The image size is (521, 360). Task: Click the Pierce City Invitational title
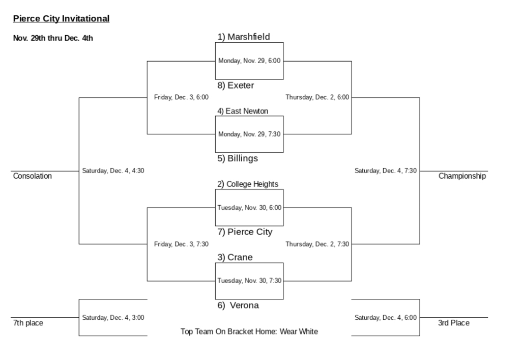pyautogui.click(x=61, y=19)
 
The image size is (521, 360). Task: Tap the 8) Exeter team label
pyautogui.click(x=236, y=86)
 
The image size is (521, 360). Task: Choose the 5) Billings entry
pyautogui.click(x=238, y=158)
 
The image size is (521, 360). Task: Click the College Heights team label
pyautogui.click(x=248, y=184)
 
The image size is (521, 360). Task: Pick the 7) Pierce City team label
pyautogui.click(x=245, y=232)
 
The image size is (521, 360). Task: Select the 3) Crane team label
pyautogui.click(x=235, y=257)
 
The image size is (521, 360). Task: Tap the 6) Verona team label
pyautogui.click(x=238, y=305)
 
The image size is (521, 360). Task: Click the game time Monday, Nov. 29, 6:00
pyautogui.click(x=249, y=61)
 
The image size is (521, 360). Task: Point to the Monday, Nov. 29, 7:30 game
pyautogui.click(x=249, y=134)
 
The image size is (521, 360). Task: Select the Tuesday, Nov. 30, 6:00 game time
pyautogui.click(x=249, y=208)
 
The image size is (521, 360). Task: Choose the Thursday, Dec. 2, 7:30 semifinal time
pyautogui.click(x=317, y=244)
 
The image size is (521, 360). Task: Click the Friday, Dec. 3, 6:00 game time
pyautogui.click(x=181, y=97)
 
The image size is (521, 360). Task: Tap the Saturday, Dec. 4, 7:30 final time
pyautogui.click(x=386, y=171)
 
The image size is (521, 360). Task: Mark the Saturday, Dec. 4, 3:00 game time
pyautogui.click(x=113, y=318)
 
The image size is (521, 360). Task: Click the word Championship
pyautogui.click(x=462, y=176)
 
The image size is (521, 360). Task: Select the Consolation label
pyautogui.click(x=32, y=176)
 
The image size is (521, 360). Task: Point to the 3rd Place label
pyautogui.click(x=453, y=323)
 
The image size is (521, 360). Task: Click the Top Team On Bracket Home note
pyautogui.click(x=249, y=332)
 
